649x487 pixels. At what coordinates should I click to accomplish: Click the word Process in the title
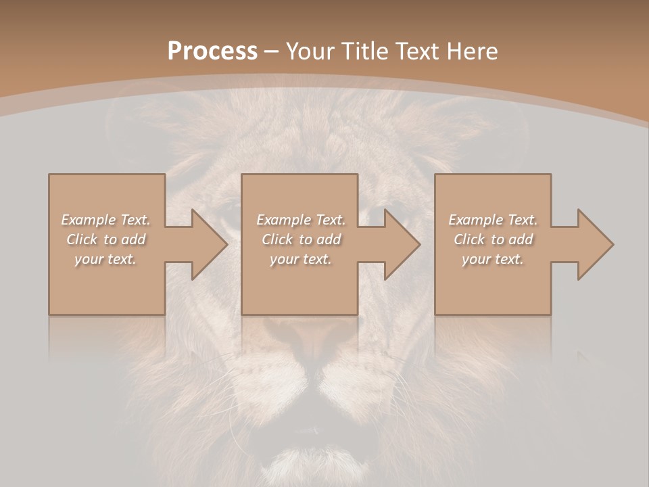pyautogui.click(x=212, y=51)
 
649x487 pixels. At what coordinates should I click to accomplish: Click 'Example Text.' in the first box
pyautogui.click(x=106, y=220)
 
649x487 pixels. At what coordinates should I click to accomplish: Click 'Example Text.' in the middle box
pyautogui.click(x=301, y=220)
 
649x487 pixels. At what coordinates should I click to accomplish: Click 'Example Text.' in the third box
pyautogui.click(x=493, y=220)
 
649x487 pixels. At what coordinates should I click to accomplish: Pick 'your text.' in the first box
pyautogui.click(x=106, y=259)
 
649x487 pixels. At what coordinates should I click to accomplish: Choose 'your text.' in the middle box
pyautogui.click(x=301, y=259)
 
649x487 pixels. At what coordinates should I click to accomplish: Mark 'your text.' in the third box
pyautogui.click(x=493, y=259)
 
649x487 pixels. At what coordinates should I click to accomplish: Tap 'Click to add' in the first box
pyautogui.click(x=106, y=239)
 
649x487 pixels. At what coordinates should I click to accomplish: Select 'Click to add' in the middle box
pyautogui.click(x=301, y=239)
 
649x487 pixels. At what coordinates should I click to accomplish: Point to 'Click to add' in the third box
pyautogui.click(x=493, y=239)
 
